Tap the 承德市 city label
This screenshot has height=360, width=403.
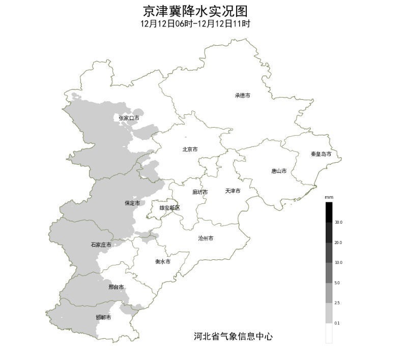coord(242,95)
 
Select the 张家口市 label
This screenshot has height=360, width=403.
coord(129,118)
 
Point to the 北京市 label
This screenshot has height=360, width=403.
coord(190,149)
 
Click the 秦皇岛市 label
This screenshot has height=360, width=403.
coord(321,154)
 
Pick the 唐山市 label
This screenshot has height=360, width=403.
coord(279,171)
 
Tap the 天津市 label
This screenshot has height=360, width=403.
coord(233,191)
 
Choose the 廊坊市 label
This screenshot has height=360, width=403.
coord(200,192)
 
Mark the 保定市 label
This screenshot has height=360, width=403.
coord(132,203)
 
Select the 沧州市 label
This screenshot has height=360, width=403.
coord(206,238)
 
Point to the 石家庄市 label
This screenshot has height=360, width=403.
coord(101,245)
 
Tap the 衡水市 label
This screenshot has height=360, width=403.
coord(162,262)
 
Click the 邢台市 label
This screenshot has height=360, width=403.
coord(116,287)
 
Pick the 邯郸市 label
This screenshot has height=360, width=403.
coord(103,317)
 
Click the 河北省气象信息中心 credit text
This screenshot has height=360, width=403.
coord(233,336)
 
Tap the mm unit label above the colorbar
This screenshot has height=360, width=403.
coord(329,197)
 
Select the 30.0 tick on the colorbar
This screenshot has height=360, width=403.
coord(338,222)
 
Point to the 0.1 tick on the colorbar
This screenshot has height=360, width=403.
coord(337,323)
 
